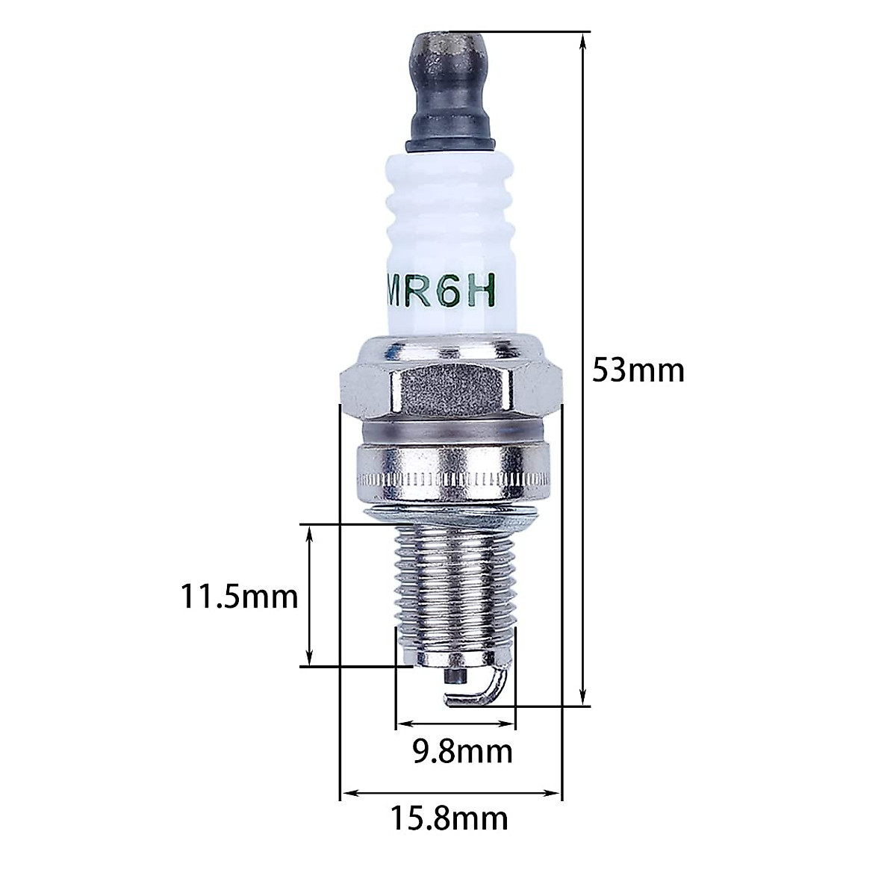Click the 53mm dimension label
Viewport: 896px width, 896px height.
tap(637, 370)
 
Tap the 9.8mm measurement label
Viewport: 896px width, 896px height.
tap(463, 751)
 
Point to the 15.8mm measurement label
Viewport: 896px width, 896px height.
tap(449, 818)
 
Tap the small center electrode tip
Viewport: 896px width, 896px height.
tap(453, 676)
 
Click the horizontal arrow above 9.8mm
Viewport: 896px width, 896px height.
tap(455, 724)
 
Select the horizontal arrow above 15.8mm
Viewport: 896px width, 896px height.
tap(450, 792)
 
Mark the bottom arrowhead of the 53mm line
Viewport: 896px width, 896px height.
tap(584, 699)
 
